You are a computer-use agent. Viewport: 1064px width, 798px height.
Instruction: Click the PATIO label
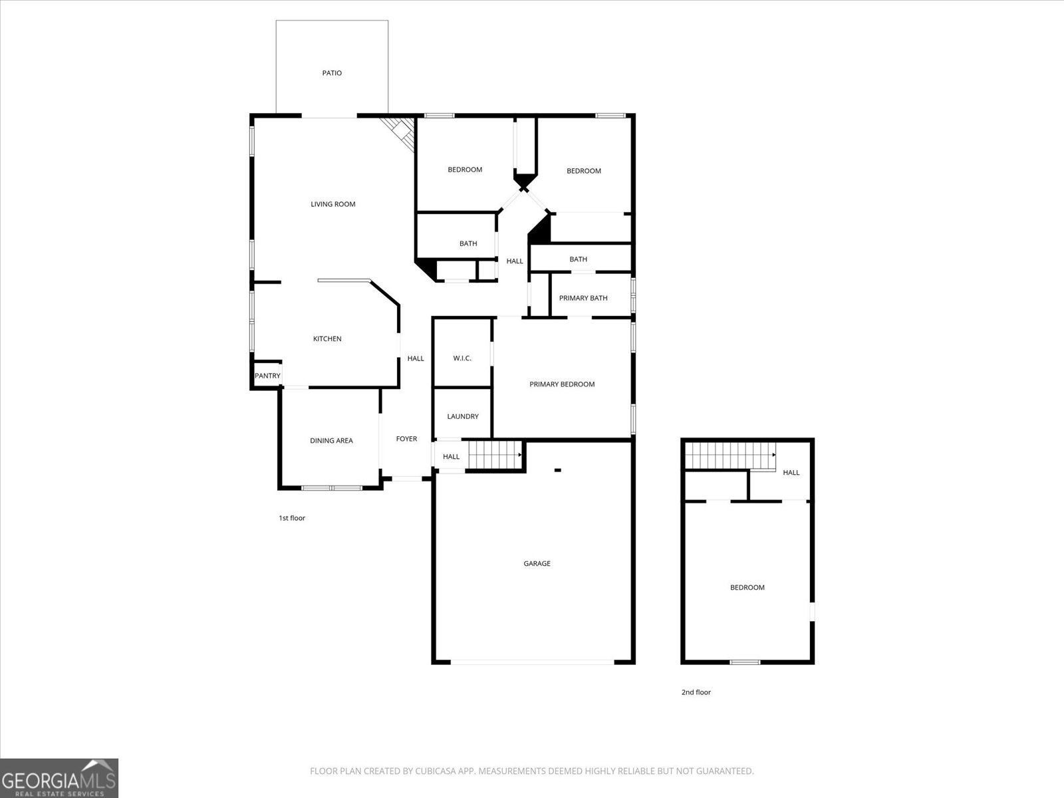pyautogui.click(x=332, y=73)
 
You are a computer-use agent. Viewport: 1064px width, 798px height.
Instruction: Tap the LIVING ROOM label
pyautogui.click(x=333, y=204)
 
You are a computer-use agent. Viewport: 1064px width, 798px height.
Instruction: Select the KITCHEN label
pyautogui.click(x=327, y=339)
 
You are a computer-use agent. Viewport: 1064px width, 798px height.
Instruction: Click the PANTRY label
pyautogui.click(x=267, y=376)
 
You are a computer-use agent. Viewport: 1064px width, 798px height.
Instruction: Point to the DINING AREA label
pyautogui.click(x=331, y=441)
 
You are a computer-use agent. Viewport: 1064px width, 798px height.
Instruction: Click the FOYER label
pyautogui.click(x=406, y=439)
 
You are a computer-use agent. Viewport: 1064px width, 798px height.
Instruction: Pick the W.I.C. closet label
pyautogui.click(x=462, y=358)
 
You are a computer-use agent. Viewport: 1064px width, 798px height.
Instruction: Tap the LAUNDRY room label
pyautogui.click(x=463, y=416)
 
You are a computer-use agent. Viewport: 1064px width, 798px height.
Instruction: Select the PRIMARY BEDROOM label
pyautogui.click(x=562, y=384)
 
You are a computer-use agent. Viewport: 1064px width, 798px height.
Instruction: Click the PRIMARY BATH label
pyautogui.click(x=583, y=298)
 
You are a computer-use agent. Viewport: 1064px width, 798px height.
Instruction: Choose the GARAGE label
pyautogui.click(x=537, y=564)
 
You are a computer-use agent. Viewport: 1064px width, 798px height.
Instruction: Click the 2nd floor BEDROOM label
pyautogui.click(x=747, y=588)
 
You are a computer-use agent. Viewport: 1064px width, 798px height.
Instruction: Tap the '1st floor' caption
pyautogui.click(x=292, y=518)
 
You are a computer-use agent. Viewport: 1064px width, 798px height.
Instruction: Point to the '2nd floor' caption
pyautogui.click(x=696, y=692)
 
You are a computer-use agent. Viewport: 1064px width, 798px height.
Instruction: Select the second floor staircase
pyautogui.click(x=730, y=455)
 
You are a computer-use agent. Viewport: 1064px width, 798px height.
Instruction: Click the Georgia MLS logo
pyautogui.click(x=59, y=777)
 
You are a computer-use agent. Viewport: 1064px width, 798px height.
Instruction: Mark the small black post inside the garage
pyautogui.click(x=558, y=470)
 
